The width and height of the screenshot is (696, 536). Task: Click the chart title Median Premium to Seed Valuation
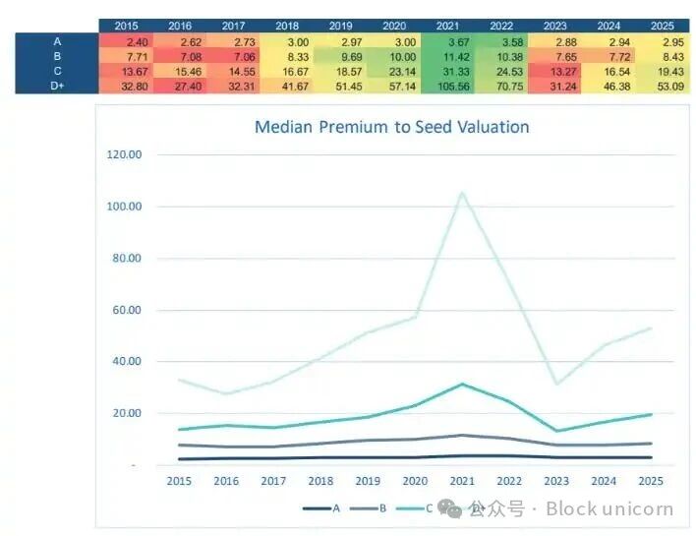pos(391,127)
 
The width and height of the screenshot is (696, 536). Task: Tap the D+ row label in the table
pos(57,87)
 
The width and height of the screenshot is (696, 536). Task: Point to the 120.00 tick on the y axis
pos(123,154)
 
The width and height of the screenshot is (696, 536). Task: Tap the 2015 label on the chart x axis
pos(180,481)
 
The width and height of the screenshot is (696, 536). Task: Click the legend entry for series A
pos(321,507)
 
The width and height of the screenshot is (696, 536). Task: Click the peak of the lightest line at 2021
pos(462,193)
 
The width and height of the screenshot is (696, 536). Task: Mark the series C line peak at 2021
pos(462,384)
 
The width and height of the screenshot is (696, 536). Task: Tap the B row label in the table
pos(57,56)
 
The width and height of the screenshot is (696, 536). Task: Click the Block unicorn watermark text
pos(609,508)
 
